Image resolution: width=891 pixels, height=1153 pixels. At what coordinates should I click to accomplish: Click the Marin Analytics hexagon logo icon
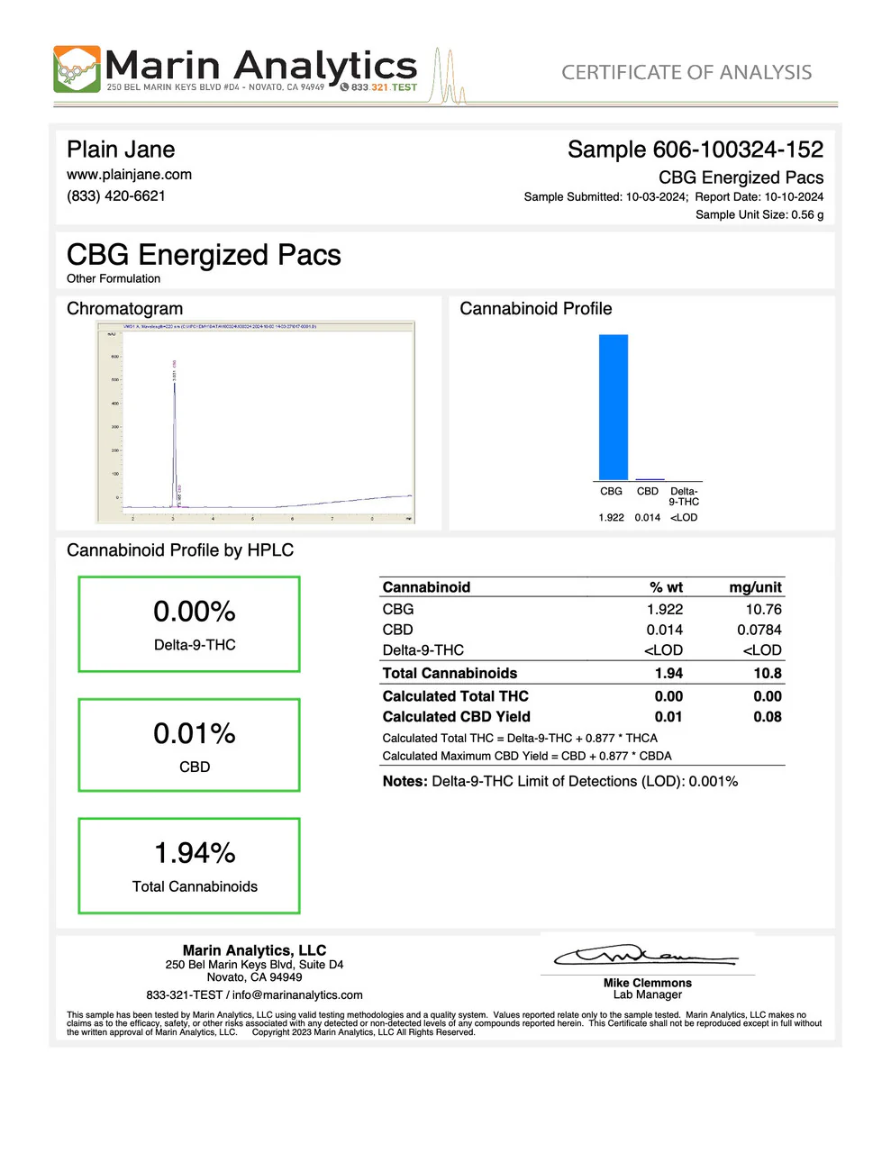click(x=77, y=69)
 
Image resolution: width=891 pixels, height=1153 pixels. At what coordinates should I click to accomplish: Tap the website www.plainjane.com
click(x=129, y=175)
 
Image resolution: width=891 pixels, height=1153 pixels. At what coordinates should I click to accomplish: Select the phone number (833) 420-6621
click(x=116, y=196)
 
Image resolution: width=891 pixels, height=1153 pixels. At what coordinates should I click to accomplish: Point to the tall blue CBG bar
click(x=614, y=407)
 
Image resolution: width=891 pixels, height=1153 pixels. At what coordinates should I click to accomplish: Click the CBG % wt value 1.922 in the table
click(x=665, y=610)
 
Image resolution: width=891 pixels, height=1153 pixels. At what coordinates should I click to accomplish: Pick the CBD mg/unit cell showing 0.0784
click(x=759, y=631)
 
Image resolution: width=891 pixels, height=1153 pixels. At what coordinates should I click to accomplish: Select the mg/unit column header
click(x=755, y=587)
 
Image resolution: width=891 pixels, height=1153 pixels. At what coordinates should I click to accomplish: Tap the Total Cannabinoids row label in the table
click(x=450, y=674)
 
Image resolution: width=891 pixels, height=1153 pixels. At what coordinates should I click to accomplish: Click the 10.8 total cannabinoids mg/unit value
click(x=768, y=674)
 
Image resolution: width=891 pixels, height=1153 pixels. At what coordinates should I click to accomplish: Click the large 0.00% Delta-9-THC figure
click(x=195, y=613)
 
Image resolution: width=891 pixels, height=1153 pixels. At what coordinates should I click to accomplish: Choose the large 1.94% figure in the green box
click(x=195, y=853)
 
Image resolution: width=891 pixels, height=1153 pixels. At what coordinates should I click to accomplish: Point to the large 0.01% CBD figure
click(x=195, y=734)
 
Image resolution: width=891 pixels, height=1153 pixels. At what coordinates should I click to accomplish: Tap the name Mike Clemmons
click(x=648, y=983)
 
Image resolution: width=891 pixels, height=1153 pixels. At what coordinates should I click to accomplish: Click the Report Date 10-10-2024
click(x=794, y=197)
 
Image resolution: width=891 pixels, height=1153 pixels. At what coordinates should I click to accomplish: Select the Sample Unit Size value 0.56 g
click(x=807, y=215)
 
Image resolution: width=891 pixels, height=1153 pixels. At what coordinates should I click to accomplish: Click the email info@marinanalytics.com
click(x=297, y=995)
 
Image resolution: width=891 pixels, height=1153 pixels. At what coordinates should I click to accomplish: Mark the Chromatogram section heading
click(x=124, y=309)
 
